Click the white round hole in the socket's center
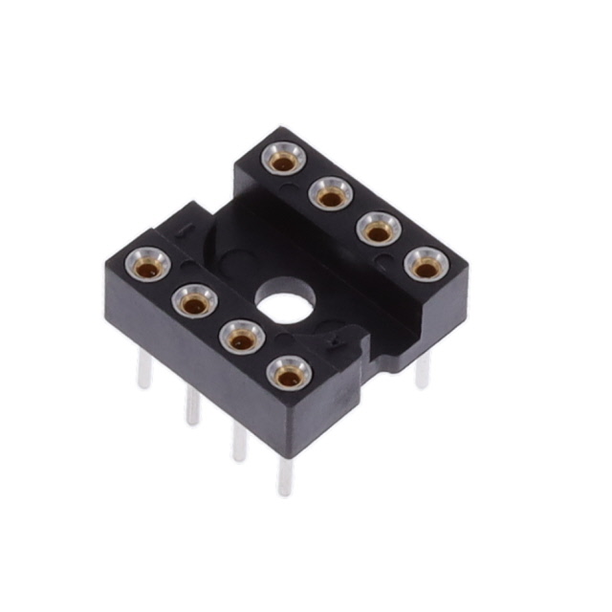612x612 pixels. click(283, 307)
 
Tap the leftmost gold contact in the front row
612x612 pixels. click(148, 264)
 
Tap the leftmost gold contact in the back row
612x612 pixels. click(283, 159)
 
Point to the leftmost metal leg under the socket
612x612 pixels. click(143, 368)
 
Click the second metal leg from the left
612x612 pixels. click(192, 405)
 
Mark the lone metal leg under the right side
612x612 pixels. click(423, 370)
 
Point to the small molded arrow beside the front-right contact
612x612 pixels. click(334, 341)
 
